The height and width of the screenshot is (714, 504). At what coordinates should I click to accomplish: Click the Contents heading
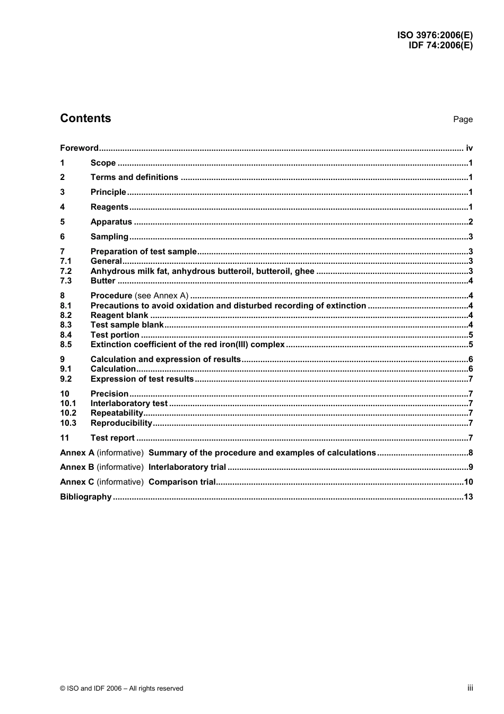tap(85, 118)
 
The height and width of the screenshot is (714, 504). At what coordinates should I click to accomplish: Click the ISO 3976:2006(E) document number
tap(435, 35)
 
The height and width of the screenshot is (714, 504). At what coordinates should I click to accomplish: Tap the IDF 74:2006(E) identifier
tap(440, 45)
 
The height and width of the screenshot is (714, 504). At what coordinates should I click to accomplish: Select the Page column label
tap(463, 119)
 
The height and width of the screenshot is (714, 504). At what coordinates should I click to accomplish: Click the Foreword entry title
tap(79, 148)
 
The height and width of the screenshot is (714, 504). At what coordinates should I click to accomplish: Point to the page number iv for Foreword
tap(469, 148)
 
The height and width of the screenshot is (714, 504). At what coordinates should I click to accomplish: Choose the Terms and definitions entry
tap(134, 177)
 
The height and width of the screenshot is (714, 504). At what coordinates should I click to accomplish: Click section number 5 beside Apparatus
tap(63, 222)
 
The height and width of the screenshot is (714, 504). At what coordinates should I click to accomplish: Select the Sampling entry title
tap(109, 237)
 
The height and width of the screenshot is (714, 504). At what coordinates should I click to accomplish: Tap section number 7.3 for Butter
tap(66, 281)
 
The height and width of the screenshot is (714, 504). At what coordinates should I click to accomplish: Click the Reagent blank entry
tap(119, 315)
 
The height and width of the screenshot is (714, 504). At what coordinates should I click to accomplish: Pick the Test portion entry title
tap(115, 335)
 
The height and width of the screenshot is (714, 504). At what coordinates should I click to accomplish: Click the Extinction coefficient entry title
tap(187, 345)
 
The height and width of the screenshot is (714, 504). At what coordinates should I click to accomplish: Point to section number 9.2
tap(66, 379)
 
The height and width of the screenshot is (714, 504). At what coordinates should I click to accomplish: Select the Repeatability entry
tap(117, 413)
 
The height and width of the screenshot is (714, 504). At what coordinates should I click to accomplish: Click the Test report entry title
tap(112, 438)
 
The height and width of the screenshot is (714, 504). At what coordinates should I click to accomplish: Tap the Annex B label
tap(77, 467)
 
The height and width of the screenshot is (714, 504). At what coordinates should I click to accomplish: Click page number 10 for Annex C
tap(468, 482)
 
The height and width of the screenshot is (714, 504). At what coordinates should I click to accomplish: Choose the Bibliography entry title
tap(86, 497)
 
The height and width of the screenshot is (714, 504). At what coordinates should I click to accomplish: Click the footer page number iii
tap(470, 688)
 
